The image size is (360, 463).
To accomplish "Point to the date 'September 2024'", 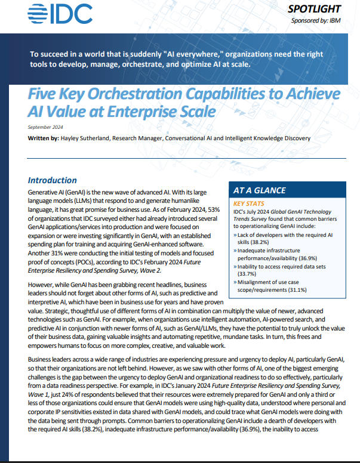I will click(44, 127).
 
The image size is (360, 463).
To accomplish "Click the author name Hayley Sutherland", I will click(87, 138).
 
